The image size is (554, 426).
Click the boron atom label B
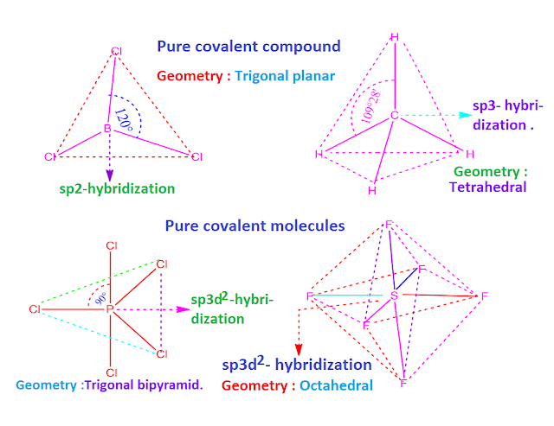click(109, 129)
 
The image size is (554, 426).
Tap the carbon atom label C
click(393, 115)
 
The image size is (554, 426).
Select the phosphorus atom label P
click(110, 308)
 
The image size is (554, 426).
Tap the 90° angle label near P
click(91, 297)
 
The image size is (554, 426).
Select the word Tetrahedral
click(487, 186)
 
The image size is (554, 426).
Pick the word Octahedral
click(338, 385)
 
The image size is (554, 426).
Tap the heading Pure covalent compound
click(248, 46)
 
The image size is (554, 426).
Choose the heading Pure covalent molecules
click(254, 226)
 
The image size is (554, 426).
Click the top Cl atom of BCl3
click(116, 51)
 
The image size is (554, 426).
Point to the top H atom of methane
click(395, 36)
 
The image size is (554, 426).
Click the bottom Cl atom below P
click(111, 373)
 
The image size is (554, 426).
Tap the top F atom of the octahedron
click(390, 226)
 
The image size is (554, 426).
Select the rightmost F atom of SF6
click(485, 296)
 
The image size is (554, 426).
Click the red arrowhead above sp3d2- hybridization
click(299, 348)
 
